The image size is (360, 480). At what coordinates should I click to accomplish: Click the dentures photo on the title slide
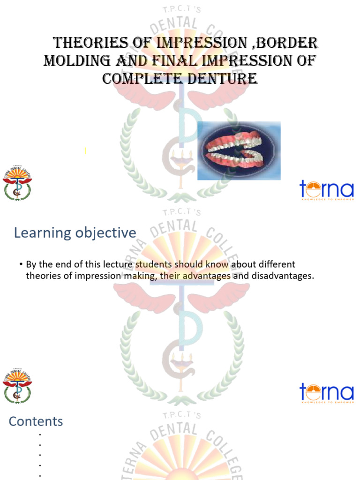[x=239, y=150]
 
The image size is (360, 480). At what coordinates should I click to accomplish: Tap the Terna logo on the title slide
[x=326, y=190]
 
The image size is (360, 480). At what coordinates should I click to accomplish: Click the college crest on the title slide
[x=17, y=183]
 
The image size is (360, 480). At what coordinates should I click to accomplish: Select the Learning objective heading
[x=75, y=232]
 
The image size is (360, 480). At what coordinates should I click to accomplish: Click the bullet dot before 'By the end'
[x=21, y=265]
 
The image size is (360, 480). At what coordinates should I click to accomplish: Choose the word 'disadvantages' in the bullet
[x=283, y=276]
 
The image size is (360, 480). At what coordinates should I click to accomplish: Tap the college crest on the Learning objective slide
[x=17, y=385]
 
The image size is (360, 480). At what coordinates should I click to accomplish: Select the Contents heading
[x=36, y=421]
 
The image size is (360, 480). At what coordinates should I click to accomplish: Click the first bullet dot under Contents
[x=40, y=435]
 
